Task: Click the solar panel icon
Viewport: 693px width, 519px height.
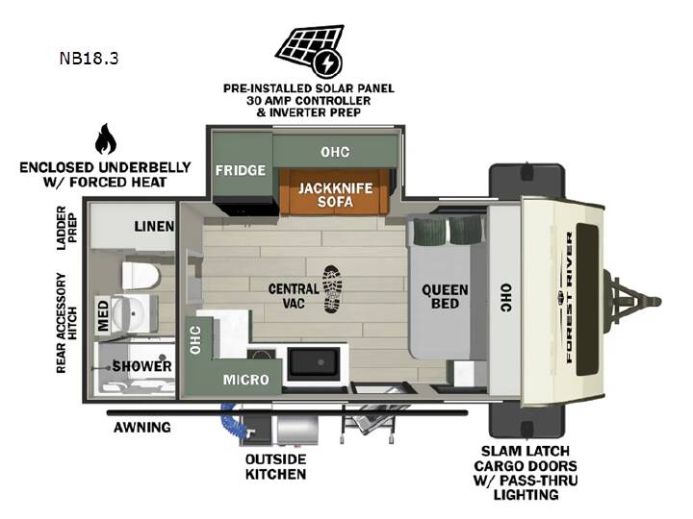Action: tap(309, 50)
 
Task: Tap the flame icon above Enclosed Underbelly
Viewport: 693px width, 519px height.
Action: tap(106, 139)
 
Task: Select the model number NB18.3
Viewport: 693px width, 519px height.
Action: tap(89, 59)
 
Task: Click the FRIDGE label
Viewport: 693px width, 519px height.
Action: tap(241, 170)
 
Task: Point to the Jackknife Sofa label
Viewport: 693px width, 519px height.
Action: tap(335, 194)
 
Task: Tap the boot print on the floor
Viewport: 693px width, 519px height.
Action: tap(332, 289)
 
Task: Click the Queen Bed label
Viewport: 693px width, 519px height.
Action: tap(445, 297)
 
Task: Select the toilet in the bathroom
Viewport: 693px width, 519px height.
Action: tap(141, 276)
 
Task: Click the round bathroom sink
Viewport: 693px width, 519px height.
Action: tap(128, 313)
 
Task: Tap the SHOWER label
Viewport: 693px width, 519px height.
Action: tap(141, 366)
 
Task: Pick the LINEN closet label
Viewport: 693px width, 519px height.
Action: tap(154, 227)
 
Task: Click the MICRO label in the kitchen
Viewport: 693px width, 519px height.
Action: tap(245, 379)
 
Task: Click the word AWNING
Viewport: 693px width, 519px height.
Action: tap(141, 427)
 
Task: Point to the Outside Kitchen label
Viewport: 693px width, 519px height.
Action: tap(276, 466)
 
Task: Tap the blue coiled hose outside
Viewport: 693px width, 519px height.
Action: tap(231, 421)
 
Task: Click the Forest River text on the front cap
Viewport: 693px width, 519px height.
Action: tap(569, 297)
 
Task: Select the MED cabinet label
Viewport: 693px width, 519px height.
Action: tap(103, 315)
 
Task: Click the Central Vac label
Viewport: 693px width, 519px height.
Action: tap(294, 296)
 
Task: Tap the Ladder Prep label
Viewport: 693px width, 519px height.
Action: tap(66, 228)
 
